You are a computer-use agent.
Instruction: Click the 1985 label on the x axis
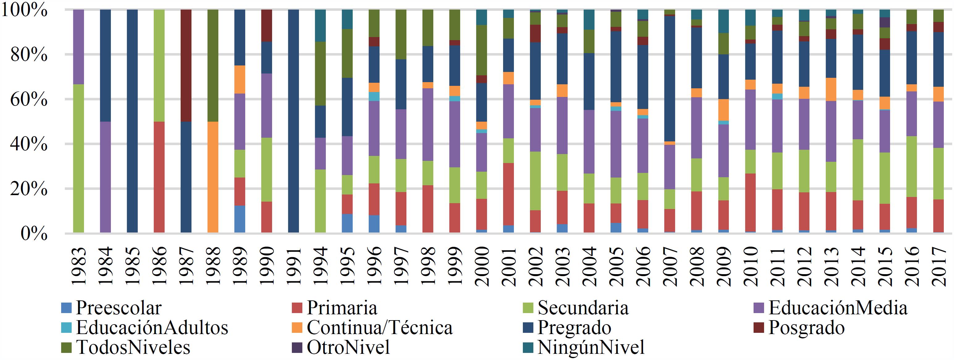132,266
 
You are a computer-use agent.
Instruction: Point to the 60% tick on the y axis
29,99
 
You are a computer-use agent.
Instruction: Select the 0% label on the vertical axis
34,234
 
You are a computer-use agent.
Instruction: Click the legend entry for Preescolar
119,308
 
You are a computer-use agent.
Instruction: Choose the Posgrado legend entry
806,327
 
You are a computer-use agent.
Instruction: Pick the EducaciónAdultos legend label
152,327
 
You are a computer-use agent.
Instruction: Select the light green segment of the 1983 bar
78,158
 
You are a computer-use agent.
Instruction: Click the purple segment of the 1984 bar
106,177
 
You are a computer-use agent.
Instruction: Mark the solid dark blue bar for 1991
293,121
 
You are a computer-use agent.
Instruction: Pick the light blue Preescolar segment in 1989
240,219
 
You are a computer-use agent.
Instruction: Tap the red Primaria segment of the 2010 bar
750,203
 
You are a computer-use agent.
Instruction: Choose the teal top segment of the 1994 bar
320,26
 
